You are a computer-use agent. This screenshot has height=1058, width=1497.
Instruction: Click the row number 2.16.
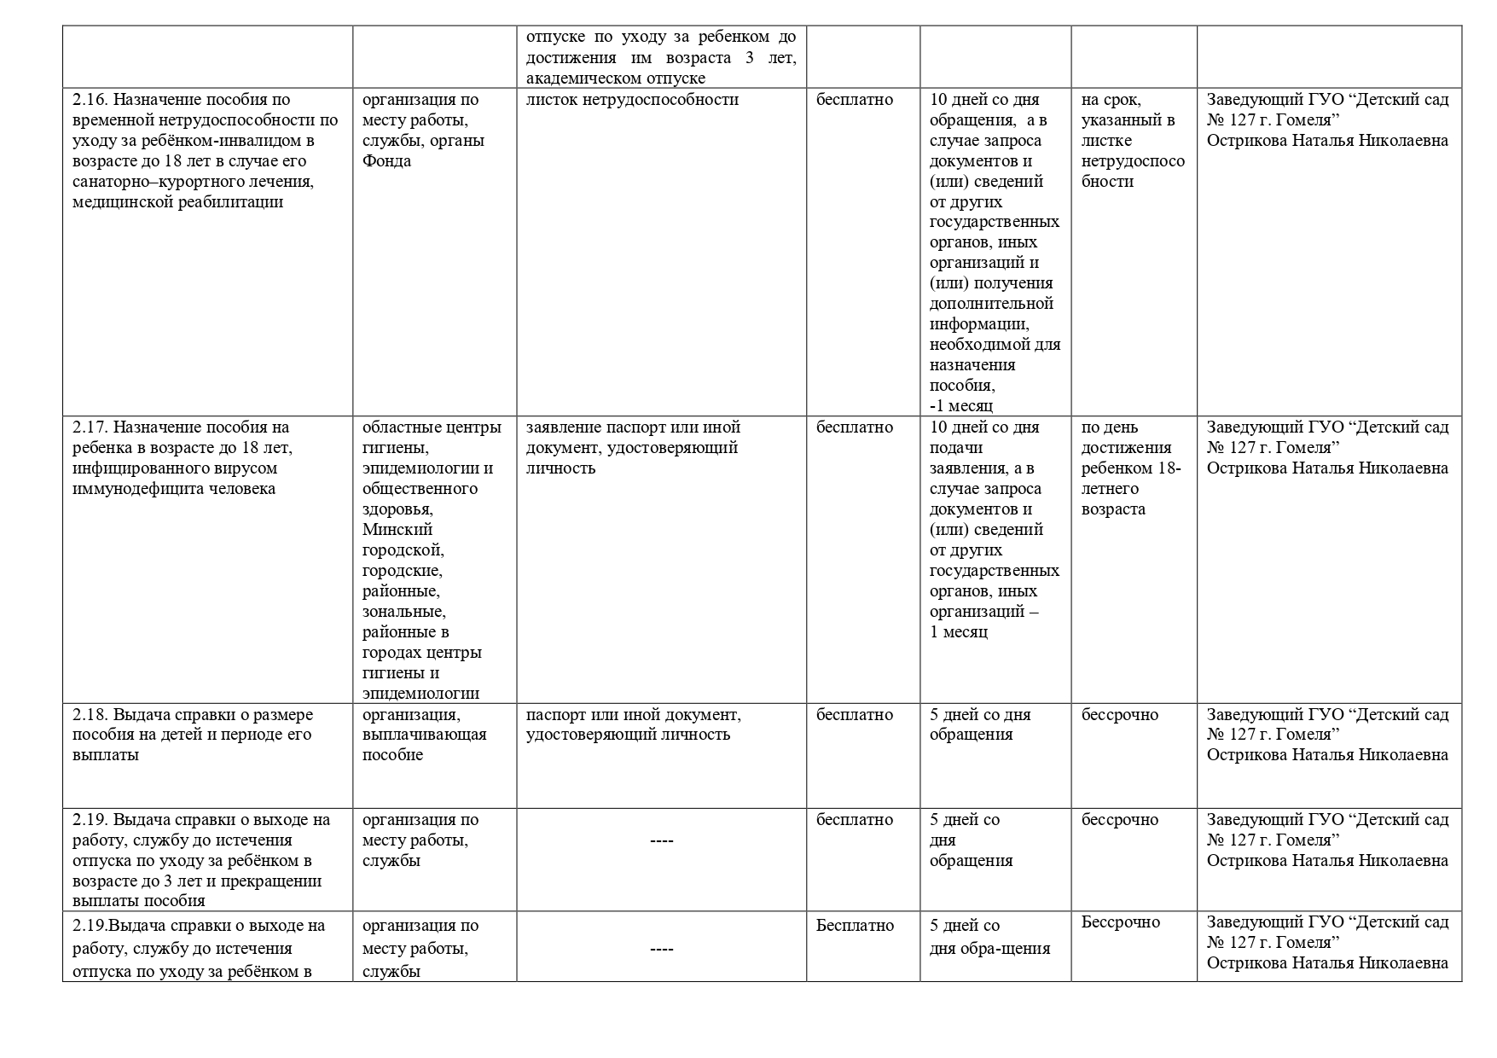point(90,100)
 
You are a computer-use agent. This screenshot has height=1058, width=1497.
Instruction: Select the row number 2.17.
point(90,427)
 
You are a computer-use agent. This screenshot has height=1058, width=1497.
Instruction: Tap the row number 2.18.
point(90,715)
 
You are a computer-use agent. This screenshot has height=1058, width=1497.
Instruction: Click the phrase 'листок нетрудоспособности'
point(632,100)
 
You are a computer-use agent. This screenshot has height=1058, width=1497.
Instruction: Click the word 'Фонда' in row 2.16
point(386,161)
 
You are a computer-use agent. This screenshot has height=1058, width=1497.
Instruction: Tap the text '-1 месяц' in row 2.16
point(961,406)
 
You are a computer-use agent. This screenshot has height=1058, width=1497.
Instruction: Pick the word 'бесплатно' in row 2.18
point(855,715)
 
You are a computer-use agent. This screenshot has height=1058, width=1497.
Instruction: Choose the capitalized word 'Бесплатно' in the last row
point(856,926)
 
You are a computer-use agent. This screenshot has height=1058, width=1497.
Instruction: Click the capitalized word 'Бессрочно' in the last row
point(1121,922)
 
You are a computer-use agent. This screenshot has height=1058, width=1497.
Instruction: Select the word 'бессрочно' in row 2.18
point(1120,715)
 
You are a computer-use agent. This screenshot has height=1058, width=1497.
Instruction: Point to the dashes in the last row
point(661,949)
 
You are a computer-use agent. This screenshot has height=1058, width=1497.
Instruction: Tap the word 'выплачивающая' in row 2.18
point(425,735)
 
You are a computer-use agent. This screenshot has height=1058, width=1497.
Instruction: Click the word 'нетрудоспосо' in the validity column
point(1133,161)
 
